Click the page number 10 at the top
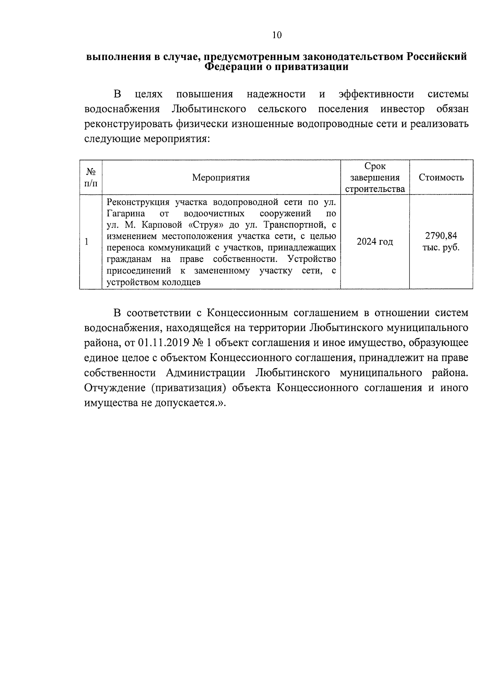click(277, 35)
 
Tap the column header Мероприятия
click(221, 178)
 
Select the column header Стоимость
click(441, 178)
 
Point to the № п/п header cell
click(91, 177)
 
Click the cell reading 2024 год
click(374, 242)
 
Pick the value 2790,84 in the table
click(441, 236)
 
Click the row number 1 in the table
click(86, 242)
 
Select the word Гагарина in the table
click(126, 213)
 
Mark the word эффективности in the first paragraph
click(376, 94)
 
